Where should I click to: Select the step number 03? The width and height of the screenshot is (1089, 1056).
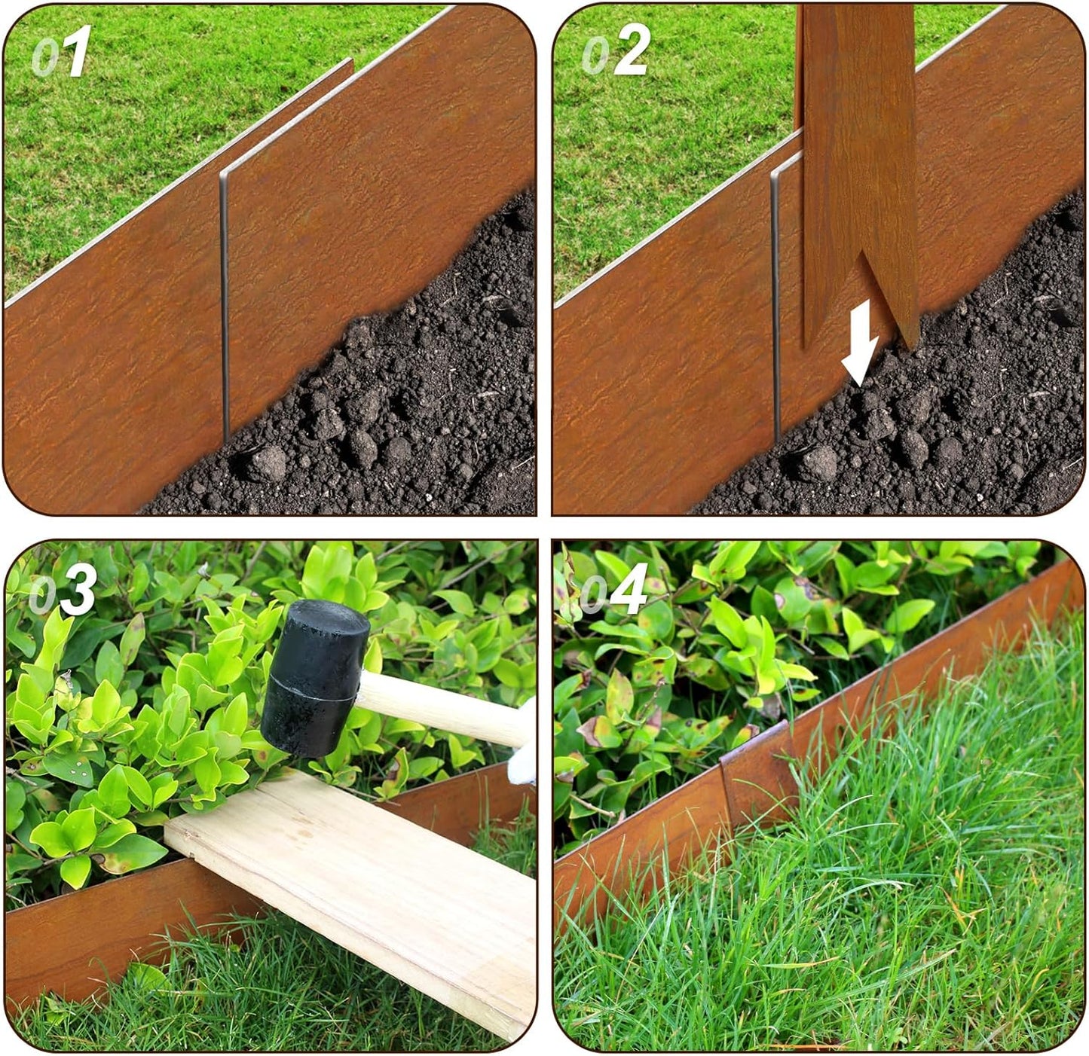[63, 590]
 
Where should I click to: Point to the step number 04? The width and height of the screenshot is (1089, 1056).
[613, 590]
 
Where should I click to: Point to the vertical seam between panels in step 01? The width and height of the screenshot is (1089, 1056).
[224, 301]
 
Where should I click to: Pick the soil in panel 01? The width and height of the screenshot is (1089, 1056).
[392, 407]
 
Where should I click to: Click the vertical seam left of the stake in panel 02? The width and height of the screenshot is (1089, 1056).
[775, 301]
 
